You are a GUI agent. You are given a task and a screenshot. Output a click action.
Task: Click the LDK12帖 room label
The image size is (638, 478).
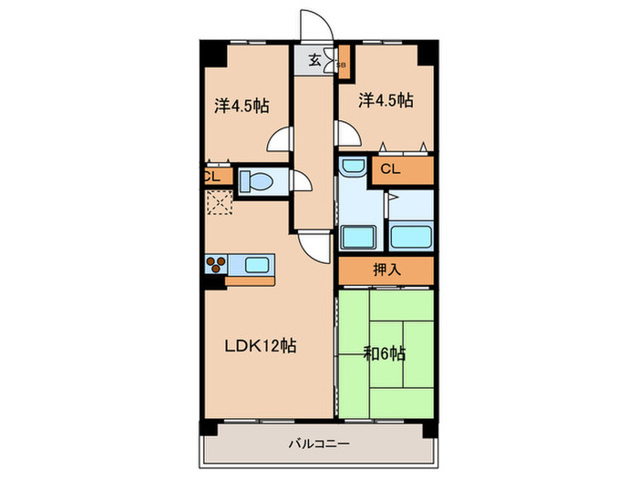coord(261,346)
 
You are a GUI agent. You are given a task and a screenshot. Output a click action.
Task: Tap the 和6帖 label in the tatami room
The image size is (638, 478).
coord(384,354)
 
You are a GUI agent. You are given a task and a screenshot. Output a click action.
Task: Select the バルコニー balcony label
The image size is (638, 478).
coord(319,443)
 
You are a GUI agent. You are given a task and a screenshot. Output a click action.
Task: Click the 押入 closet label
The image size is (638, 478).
coord(387,270)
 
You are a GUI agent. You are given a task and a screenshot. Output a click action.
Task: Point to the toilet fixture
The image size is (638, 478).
coord(256,181)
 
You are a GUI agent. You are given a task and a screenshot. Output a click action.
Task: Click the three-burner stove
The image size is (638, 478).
coord(216,265)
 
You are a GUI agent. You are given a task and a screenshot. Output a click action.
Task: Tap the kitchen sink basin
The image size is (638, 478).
coord(257,265)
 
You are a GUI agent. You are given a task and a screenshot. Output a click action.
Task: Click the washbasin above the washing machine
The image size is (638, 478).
coord(353,167)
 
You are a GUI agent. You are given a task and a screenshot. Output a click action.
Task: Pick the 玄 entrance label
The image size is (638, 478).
coord(314,60)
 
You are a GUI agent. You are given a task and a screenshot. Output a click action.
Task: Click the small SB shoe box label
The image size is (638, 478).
coord(342,65)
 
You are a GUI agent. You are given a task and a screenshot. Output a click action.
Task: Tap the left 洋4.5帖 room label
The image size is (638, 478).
coord(242,107)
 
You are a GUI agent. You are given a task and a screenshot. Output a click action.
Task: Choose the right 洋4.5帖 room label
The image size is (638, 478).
coord(386,100)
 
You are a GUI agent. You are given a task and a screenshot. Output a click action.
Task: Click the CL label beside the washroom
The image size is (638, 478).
coord(390,169)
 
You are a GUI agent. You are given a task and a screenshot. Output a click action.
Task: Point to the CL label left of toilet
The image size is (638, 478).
coord(212,177)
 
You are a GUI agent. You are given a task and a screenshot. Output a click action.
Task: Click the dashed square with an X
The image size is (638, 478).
coord(220,202)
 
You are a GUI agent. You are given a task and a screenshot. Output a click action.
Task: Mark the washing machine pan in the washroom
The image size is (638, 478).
coord(357,237)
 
